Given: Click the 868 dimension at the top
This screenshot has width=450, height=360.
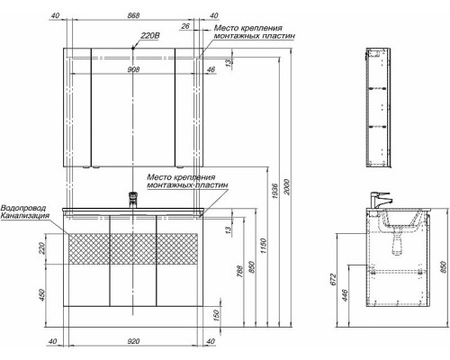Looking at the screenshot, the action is [x=133, y=15].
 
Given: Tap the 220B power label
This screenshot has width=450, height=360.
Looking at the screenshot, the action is [x=150, y=36].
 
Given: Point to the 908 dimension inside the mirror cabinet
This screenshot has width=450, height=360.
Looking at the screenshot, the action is [x=133, y=69].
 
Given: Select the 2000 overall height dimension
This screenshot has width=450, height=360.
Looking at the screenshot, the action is [x=287, y=186].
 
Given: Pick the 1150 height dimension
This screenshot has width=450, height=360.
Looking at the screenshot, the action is [x=264, y=246].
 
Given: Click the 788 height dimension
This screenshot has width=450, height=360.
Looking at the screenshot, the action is [x=240, y=271].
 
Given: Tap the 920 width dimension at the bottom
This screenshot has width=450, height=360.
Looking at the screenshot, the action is [x=133, y=341].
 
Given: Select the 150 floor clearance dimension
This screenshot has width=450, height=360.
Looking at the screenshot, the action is [x=217, y=315].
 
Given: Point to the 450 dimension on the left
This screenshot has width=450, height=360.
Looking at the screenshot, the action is [x=41, y=295].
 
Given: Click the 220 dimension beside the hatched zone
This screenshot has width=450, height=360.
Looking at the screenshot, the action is [x=41, y=248].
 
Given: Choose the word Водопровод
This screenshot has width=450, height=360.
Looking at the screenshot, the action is [x=23, y=208].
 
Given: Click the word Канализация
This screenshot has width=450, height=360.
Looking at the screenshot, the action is [x=24, y=216].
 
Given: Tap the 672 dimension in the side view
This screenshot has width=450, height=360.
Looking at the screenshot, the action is [x=334, y=279].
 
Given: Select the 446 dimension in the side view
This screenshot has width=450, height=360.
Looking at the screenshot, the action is [x=345, y=295].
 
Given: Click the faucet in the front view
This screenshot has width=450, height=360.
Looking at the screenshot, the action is [x=133, y=199].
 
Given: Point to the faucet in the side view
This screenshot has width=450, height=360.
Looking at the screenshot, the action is [x=381, y=201].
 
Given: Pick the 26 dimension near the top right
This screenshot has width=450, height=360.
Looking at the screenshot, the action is [x=185, y=26].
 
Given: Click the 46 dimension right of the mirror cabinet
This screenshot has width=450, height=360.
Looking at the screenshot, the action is [x=211, y=69].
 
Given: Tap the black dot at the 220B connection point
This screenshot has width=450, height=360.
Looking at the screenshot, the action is [x=133, y=48].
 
